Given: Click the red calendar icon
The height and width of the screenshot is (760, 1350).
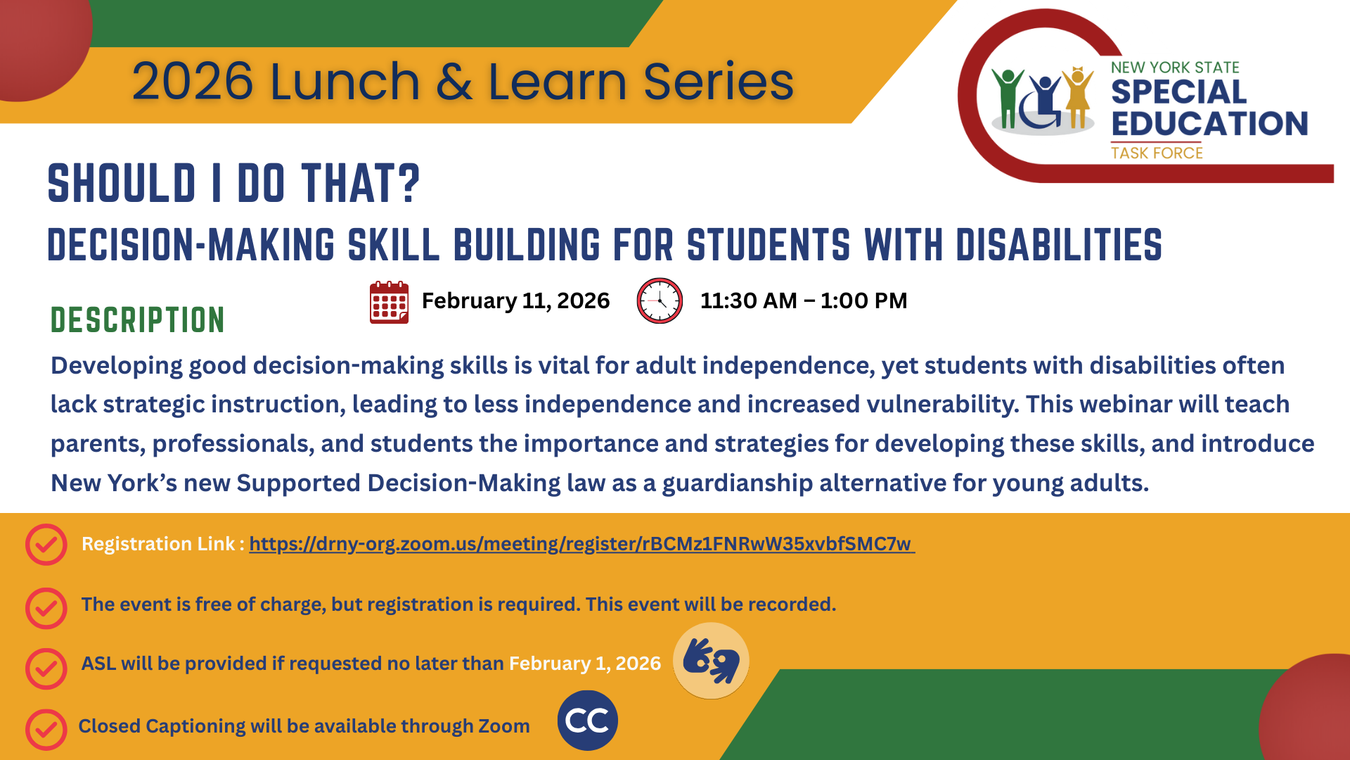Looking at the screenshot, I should [389, 302].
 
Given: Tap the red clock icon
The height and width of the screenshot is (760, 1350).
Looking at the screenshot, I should [659, 300].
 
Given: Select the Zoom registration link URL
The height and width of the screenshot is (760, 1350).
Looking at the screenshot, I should [581, 544].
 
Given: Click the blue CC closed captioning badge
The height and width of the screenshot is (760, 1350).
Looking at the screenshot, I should [587, 721].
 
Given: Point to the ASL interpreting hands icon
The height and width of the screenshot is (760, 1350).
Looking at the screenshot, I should [711, 661].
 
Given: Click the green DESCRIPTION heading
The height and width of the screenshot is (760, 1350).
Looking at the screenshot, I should [138, 320].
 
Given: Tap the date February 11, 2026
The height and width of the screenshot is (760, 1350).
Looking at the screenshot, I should [515, 300].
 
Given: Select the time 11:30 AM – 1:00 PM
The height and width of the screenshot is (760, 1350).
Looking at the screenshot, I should [803, 300].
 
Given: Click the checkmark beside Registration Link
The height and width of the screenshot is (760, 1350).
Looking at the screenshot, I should [46, 544].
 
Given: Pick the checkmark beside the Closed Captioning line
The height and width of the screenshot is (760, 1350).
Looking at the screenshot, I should [46, 729].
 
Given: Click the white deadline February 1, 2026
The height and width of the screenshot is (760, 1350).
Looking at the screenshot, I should [584, 664].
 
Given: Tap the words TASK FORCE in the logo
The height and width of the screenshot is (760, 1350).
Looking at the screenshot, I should [1157, 153].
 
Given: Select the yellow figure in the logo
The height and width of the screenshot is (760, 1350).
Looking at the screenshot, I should [1077, 97].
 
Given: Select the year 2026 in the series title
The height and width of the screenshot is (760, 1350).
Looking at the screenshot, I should [192, 82].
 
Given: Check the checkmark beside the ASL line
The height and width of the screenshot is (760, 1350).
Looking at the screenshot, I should [46, 668].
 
